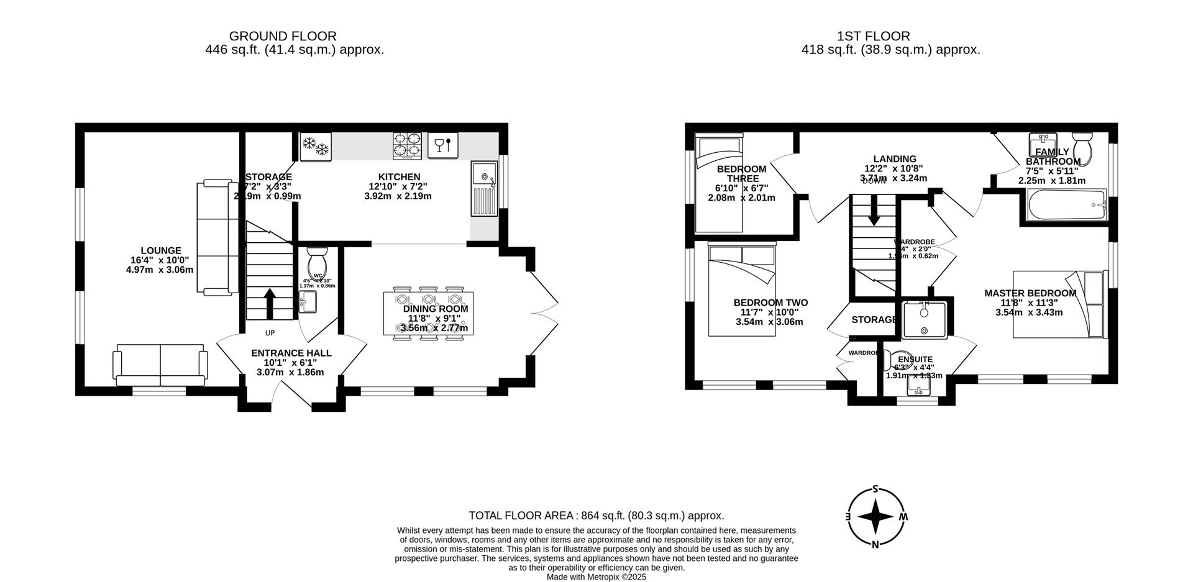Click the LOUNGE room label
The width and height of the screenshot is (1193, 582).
click(x=160, y=251)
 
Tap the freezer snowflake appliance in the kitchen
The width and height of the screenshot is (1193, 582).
click(x=315, y=147)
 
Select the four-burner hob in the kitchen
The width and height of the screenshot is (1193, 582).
click(x=407, y=145)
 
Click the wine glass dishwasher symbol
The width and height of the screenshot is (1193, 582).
click(x=442, y=145)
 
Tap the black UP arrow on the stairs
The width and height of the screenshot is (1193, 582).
click(x=270, y=302)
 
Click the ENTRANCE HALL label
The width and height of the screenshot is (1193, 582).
click(x=291, y=353)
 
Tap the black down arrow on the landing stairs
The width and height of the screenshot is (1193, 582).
click(x=874, y=212)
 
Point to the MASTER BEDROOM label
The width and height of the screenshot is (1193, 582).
click(x=1030, y=293)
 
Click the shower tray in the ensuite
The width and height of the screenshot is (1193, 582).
click(x=925, y=320)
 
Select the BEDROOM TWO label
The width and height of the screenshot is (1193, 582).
click(x=770, y=303)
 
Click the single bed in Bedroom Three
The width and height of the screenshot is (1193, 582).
click(x=718, y=183)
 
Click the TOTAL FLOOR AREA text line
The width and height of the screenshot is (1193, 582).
click(x=596, y=516)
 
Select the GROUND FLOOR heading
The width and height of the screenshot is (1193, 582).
click(x=283, y=37)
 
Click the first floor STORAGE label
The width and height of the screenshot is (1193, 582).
click(x=874, y=320)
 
